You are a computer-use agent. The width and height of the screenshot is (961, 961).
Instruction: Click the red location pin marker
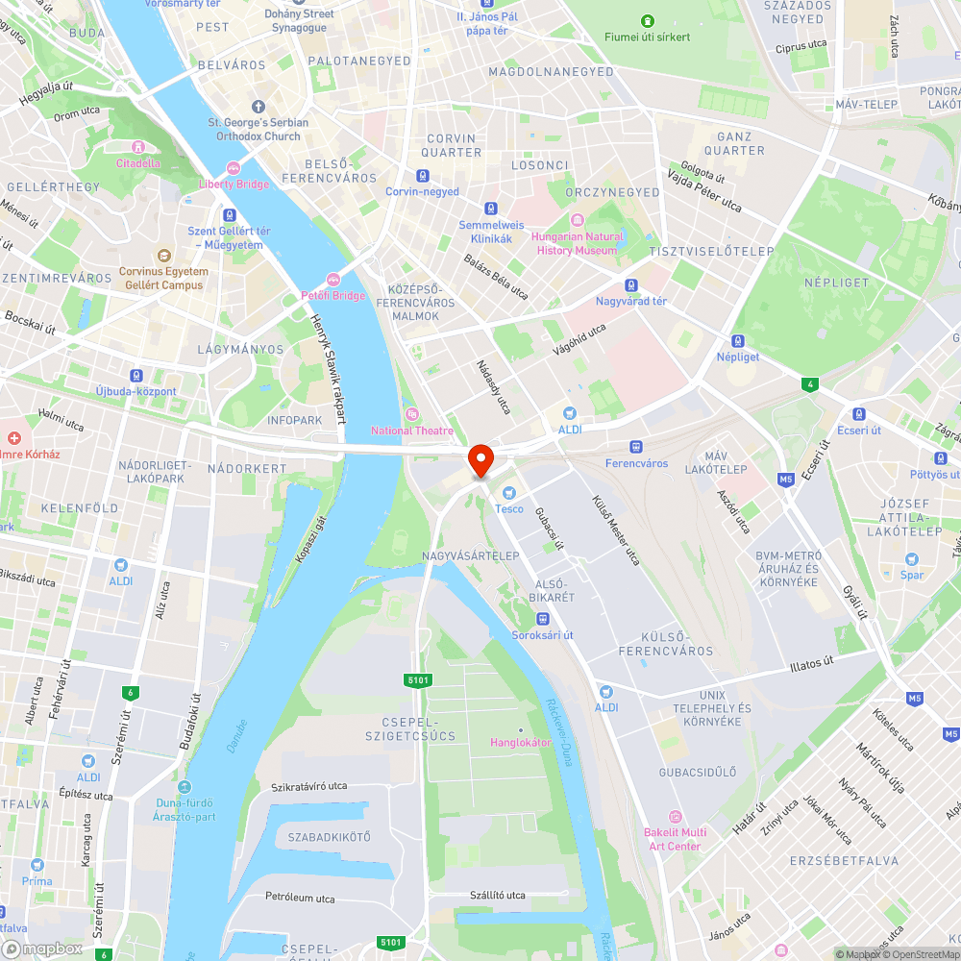click(x=480, y=459)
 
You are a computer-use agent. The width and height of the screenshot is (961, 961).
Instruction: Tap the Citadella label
click(x=138, y=162)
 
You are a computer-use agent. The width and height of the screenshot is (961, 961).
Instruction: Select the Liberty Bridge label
click(x=234, y=184)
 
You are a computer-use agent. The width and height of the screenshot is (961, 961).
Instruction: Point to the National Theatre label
click(x=412, y=430)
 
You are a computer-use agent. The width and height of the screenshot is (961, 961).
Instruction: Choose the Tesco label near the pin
click(x=509, y=508)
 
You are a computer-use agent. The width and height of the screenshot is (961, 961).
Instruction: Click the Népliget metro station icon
click(x=737, y=341)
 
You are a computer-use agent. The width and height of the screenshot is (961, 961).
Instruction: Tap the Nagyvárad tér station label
click(x=631, y=301)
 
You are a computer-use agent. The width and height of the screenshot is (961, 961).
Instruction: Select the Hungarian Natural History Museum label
click(x=578, y=243)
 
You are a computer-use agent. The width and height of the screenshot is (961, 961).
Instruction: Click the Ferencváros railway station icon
click(x=635, y=447)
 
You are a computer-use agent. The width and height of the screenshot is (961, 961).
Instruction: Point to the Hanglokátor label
click(x=521, y=742)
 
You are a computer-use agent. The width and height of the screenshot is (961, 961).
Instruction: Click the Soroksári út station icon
click(x=542, y=619)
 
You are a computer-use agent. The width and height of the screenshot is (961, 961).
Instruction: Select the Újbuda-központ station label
click(x=136, y=391)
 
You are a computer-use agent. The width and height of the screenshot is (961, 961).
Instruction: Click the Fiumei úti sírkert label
click(x=648, y=37)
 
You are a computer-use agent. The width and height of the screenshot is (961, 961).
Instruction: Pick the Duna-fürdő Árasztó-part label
click(x=184, y=809)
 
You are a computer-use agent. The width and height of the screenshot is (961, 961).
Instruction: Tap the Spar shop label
click(x=912, y=575)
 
